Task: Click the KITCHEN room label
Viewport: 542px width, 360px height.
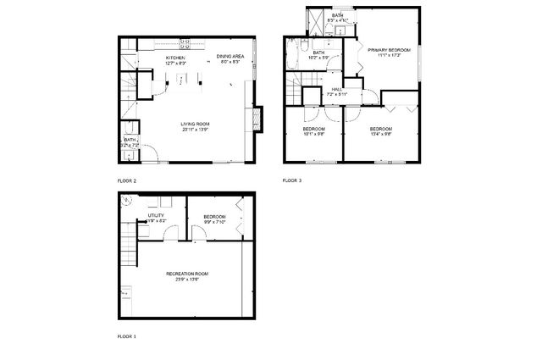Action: (x=175, y=57)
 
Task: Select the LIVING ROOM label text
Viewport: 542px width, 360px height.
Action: (x=195, y=125)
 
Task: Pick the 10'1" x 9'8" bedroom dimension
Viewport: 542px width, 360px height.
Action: (x=314, y=134)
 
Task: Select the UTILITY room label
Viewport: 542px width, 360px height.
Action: (x=156, y=216)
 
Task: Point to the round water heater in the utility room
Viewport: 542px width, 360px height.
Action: (x=128, y=202)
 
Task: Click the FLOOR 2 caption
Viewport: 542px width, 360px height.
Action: (x=127, y=180)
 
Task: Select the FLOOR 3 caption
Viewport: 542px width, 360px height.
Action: (x=292, y=180)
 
